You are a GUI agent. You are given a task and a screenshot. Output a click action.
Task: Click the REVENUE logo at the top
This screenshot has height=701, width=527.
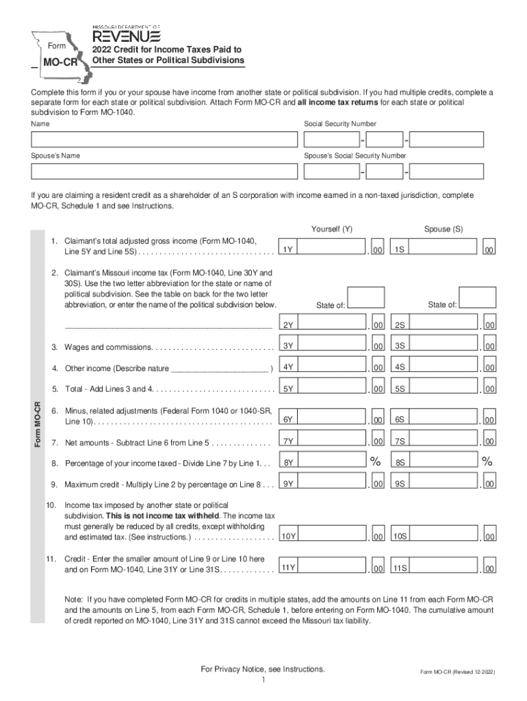(127, 34)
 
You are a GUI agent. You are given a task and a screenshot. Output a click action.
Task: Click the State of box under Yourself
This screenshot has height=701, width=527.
(366, 297)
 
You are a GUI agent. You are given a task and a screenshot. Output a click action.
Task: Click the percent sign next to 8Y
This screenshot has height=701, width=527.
(376, 462)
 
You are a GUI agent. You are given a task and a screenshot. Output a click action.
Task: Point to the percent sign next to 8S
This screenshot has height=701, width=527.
(487, 462)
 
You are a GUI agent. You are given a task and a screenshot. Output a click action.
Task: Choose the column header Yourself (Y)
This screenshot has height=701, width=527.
(332, 229)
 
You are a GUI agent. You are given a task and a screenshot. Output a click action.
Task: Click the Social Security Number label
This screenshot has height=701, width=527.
(340, 124)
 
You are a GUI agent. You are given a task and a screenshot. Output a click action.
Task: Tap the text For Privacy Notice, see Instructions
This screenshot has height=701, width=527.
(263, 668)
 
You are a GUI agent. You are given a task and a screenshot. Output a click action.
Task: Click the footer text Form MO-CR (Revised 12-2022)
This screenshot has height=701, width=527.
(457, 672)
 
